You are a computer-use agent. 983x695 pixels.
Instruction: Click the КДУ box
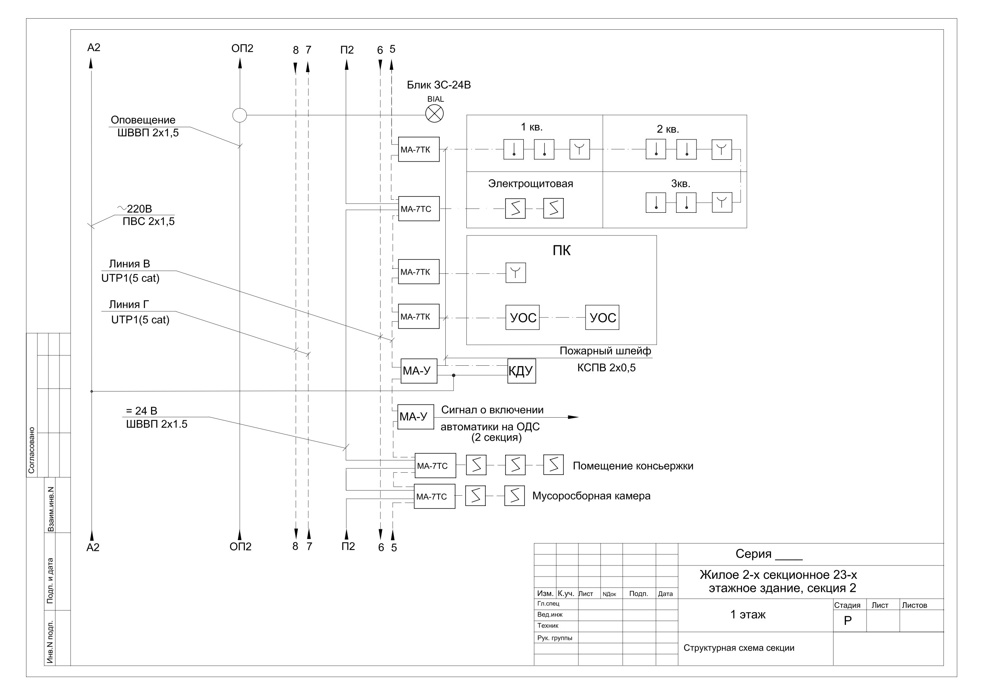tap(521, 371)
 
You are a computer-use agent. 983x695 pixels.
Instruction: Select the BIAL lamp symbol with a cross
tap(435, 114)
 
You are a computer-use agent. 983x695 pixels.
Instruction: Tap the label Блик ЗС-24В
tap(439, 85)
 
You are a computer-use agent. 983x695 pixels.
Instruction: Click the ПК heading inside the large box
tap(561, 250)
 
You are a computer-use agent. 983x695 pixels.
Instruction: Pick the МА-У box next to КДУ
tap(419, 371)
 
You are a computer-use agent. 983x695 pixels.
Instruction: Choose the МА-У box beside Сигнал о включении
tap(416, 417)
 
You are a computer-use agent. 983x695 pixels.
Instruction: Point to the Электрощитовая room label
tap(531, 184)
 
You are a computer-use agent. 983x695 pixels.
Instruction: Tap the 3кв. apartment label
tap(680, 184)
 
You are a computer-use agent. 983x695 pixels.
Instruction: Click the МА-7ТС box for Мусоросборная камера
tap(435, 496)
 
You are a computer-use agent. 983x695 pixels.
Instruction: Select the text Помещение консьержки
tap(633, 466)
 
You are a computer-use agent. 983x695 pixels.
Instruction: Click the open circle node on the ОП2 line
tap(239, 115)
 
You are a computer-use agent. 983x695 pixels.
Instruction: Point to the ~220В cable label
tap(134, 208)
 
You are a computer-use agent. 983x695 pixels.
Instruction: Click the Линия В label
tap(129, 264)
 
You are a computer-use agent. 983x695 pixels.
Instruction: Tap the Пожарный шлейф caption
tap(605, 351)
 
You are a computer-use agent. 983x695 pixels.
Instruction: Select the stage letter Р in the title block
tap(847, 621)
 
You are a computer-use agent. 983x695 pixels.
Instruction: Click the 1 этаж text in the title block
tap(748, 615)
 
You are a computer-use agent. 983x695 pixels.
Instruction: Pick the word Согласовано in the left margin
tap(31, 450)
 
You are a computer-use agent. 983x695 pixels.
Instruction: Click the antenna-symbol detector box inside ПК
tap(515, 273)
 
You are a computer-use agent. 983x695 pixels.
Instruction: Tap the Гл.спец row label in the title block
tap(548, 603)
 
